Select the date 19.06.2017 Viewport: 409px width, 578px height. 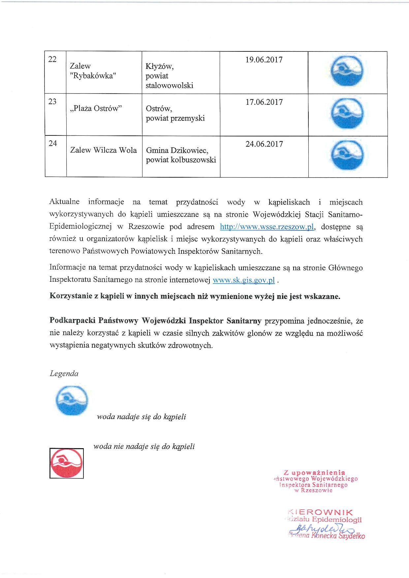pyautogui.click(x=264, y=60)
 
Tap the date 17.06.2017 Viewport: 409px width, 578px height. pyautogui.click(x=264, y=102)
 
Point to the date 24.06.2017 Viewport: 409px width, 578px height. pyautogui.click(x=264, y=144)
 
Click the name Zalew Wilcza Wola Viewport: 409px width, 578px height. pyautogui.click(x=103, y=150)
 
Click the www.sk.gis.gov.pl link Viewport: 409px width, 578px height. pyautogui.click(x=244, y=280)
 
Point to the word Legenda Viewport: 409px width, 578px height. pyautogui.click(x=64, y=374)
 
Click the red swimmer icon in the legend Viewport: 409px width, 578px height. pyautogui.click(x=66, y=462)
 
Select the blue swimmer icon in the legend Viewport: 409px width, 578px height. pyautogui.click(x=71, y=400)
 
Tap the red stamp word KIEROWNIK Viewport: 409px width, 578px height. pyautogui.click(x=321, y=512)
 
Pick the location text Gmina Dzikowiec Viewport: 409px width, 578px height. pyautogui.click(x=177, y=151)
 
